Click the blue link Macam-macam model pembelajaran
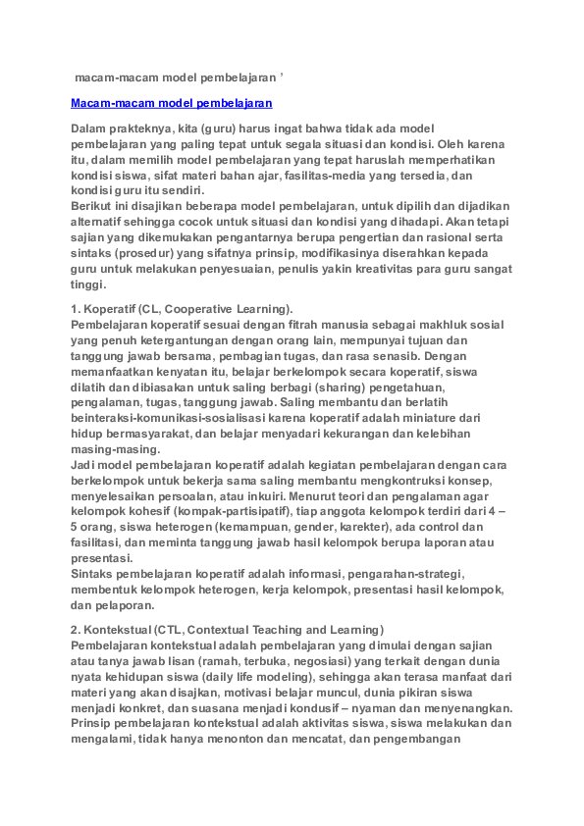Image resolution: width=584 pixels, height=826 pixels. tap(172, 102)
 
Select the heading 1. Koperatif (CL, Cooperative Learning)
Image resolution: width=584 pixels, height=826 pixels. tap(182, 309)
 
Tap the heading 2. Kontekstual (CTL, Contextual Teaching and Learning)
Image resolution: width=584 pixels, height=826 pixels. tap(228, 628)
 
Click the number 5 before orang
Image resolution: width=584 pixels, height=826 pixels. tap(75, 527)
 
